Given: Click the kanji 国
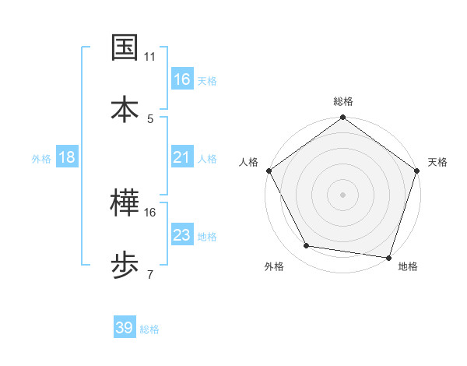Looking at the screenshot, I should (125, 48).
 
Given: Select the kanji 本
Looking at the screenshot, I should (125, 108).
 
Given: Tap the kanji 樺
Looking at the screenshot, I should (125, 204).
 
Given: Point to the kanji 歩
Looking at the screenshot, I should (125, 265).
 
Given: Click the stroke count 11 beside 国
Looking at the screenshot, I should (149, 58).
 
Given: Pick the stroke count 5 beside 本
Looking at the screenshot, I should (150, 118).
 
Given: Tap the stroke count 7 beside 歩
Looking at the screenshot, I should (150, 273).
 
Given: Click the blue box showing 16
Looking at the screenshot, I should (182, 79).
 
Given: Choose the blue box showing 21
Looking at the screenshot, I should (182, 157).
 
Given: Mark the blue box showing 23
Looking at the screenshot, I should (182, 235).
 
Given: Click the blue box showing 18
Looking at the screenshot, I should (67, 157).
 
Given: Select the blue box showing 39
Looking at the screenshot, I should (125, 328).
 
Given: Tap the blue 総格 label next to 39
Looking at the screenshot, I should (149, 329).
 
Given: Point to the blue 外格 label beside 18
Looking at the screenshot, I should (41, 158).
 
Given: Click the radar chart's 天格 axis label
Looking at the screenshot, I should (437, 162).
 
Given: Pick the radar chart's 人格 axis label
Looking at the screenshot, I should (248, 162).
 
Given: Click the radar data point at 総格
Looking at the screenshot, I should (342, 118).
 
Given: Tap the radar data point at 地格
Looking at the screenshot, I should (389, 256).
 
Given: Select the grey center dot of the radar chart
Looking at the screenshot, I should (342, 194).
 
